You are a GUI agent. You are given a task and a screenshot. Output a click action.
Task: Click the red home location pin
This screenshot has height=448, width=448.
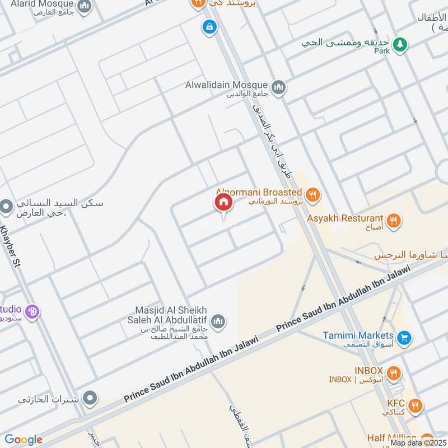coord(223,203)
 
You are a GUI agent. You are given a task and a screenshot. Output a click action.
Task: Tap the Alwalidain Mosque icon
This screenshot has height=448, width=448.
coord(278,87)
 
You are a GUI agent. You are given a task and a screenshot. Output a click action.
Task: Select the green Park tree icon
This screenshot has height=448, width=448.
coord(399,45)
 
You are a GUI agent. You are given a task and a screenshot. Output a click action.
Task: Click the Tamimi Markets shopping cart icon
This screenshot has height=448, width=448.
coord(404,338)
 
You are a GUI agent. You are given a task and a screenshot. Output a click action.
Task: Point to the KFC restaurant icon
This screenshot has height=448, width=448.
coord(415,405)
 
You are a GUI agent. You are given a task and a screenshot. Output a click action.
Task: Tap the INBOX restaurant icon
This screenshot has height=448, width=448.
coord(394,372)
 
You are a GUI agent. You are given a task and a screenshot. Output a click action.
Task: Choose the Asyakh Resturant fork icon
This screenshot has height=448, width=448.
coord(394,220)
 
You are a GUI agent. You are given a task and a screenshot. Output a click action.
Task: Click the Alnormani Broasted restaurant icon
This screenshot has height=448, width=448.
coord(313,194)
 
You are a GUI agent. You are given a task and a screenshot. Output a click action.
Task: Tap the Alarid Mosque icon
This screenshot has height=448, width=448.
coord(84,7)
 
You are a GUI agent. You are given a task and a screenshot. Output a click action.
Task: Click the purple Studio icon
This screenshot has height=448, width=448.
coord(32,311)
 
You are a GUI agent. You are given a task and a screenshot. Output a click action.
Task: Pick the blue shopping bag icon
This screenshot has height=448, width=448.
coord(209,26)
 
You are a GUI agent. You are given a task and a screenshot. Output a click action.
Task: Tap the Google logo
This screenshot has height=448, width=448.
coord(24,440)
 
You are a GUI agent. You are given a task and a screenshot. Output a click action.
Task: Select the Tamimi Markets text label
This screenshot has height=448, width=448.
coord(358,335)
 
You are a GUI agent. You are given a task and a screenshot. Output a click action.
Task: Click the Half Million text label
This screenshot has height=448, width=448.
coord(392,437)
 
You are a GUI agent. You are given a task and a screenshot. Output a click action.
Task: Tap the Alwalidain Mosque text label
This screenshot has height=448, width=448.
coord(227,86)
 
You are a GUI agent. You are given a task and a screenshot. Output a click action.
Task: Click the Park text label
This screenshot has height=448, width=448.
coord(382,51)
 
